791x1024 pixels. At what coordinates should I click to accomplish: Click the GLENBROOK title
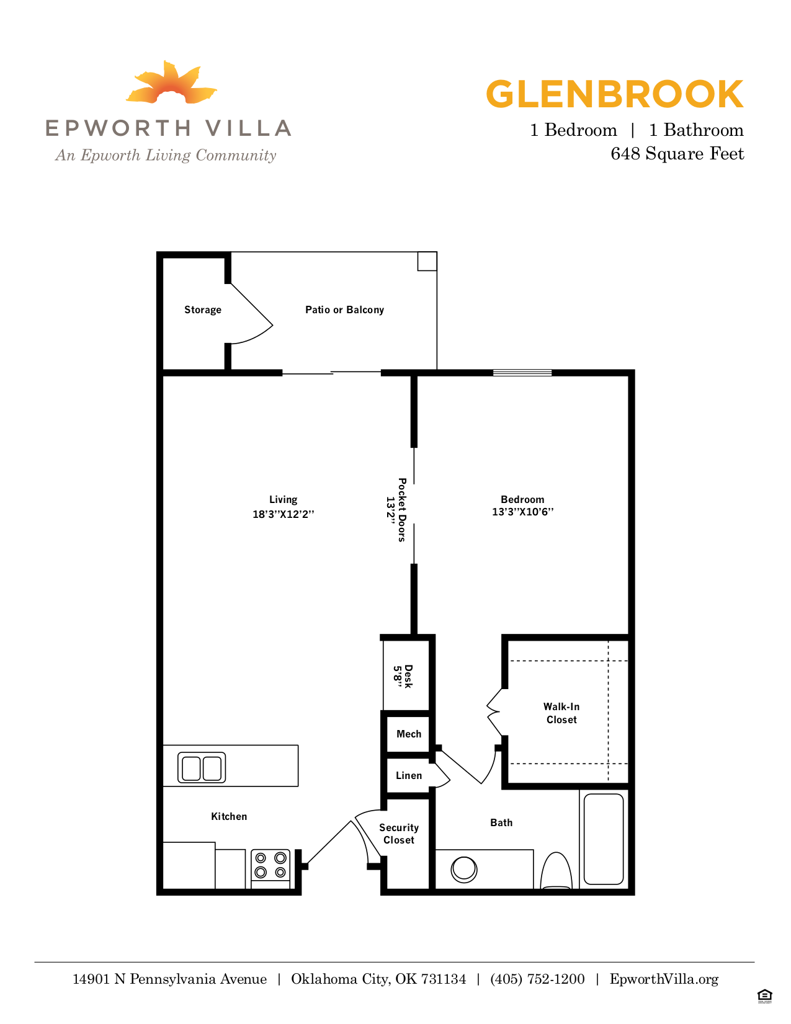(614, 94)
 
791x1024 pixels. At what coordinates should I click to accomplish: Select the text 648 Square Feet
(677, 154)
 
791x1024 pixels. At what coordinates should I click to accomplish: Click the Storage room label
(203, 310)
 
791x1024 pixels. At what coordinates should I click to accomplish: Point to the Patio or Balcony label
(344, 310)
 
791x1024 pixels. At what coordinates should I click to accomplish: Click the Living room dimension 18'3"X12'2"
(284, 514)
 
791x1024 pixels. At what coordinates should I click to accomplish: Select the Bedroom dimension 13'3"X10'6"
(522, 512)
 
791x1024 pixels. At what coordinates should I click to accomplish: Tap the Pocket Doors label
(402, 510)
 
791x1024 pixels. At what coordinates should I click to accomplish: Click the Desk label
(408, 676)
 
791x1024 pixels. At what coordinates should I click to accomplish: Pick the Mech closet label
(409, 734)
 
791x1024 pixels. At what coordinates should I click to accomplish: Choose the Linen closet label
(409, 776)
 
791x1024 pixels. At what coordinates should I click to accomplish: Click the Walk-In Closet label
(561, 713)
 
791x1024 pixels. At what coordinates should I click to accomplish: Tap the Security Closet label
(399, 834)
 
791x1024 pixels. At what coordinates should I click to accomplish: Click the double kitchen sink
(202, 768)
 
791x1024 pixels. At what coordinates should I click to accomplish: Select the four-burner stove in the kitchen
(270, 866)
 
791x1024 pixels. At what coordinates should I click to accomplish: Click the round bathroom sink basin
(463, 869)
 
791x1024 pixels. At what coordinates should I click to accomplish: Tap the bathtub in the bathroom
(604, 839)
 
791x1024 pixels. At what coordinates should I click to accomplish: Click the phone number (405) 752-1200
(537, 979)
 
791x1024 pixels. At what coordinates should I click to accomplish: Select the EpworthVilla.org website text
(664, 979)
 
